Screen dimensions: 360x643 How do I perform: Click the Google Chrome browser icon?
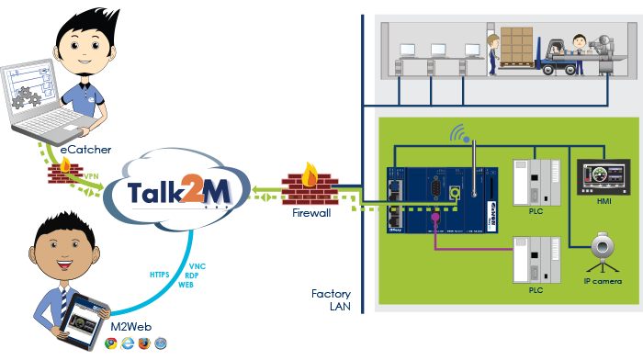(110, 343)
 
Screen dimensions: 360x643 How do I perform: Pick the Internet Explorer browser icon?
(128, 343)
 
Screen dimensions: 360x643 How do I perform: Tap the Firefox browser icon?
(144, 343)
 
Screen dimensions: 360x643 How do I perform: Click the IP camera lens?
(601, 248)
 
